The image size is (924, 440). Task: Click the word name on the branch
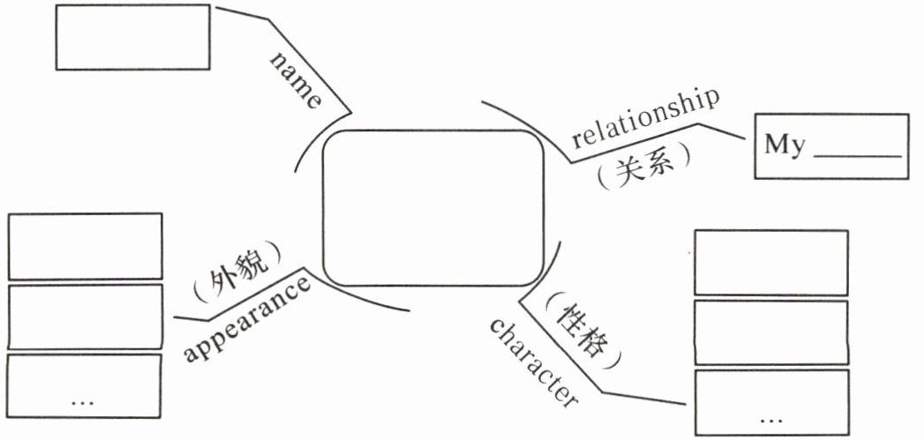297,80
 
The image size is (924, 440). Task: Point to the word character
535,361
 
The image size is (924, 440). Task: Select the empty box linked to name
132,37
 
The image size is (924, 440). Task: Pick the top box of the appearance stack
85,246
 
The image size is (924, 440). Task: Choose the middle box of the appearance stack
85,317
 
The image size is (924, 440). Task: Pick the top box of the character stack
770,262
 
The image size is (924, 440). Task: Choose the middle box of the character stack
770,332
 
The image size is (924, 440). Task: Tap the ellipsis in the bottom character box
770,417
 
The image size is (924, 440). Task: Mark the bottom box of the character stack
770,402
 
